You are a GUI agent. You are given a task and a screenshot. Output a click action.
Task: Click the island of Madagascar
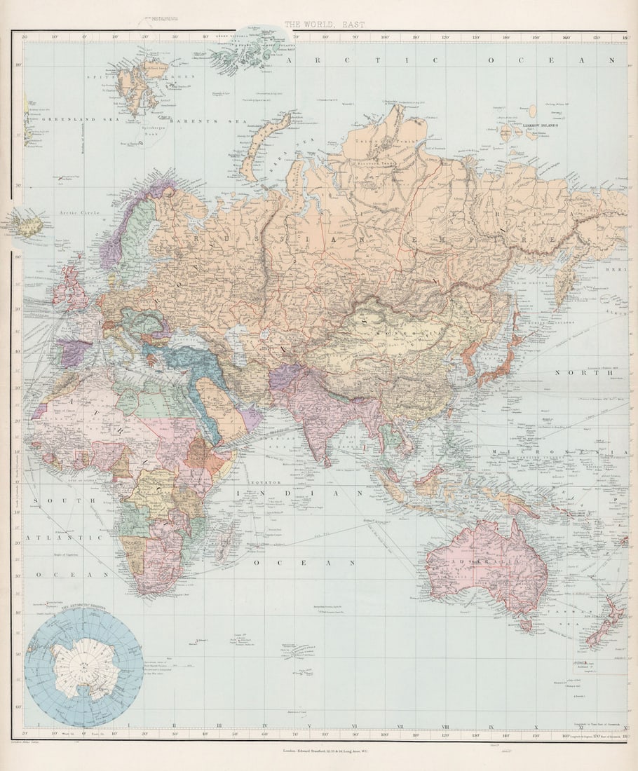(226, 543)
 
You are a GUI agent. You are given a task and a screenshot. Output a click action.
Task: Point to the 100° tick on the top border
(385, 36)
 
